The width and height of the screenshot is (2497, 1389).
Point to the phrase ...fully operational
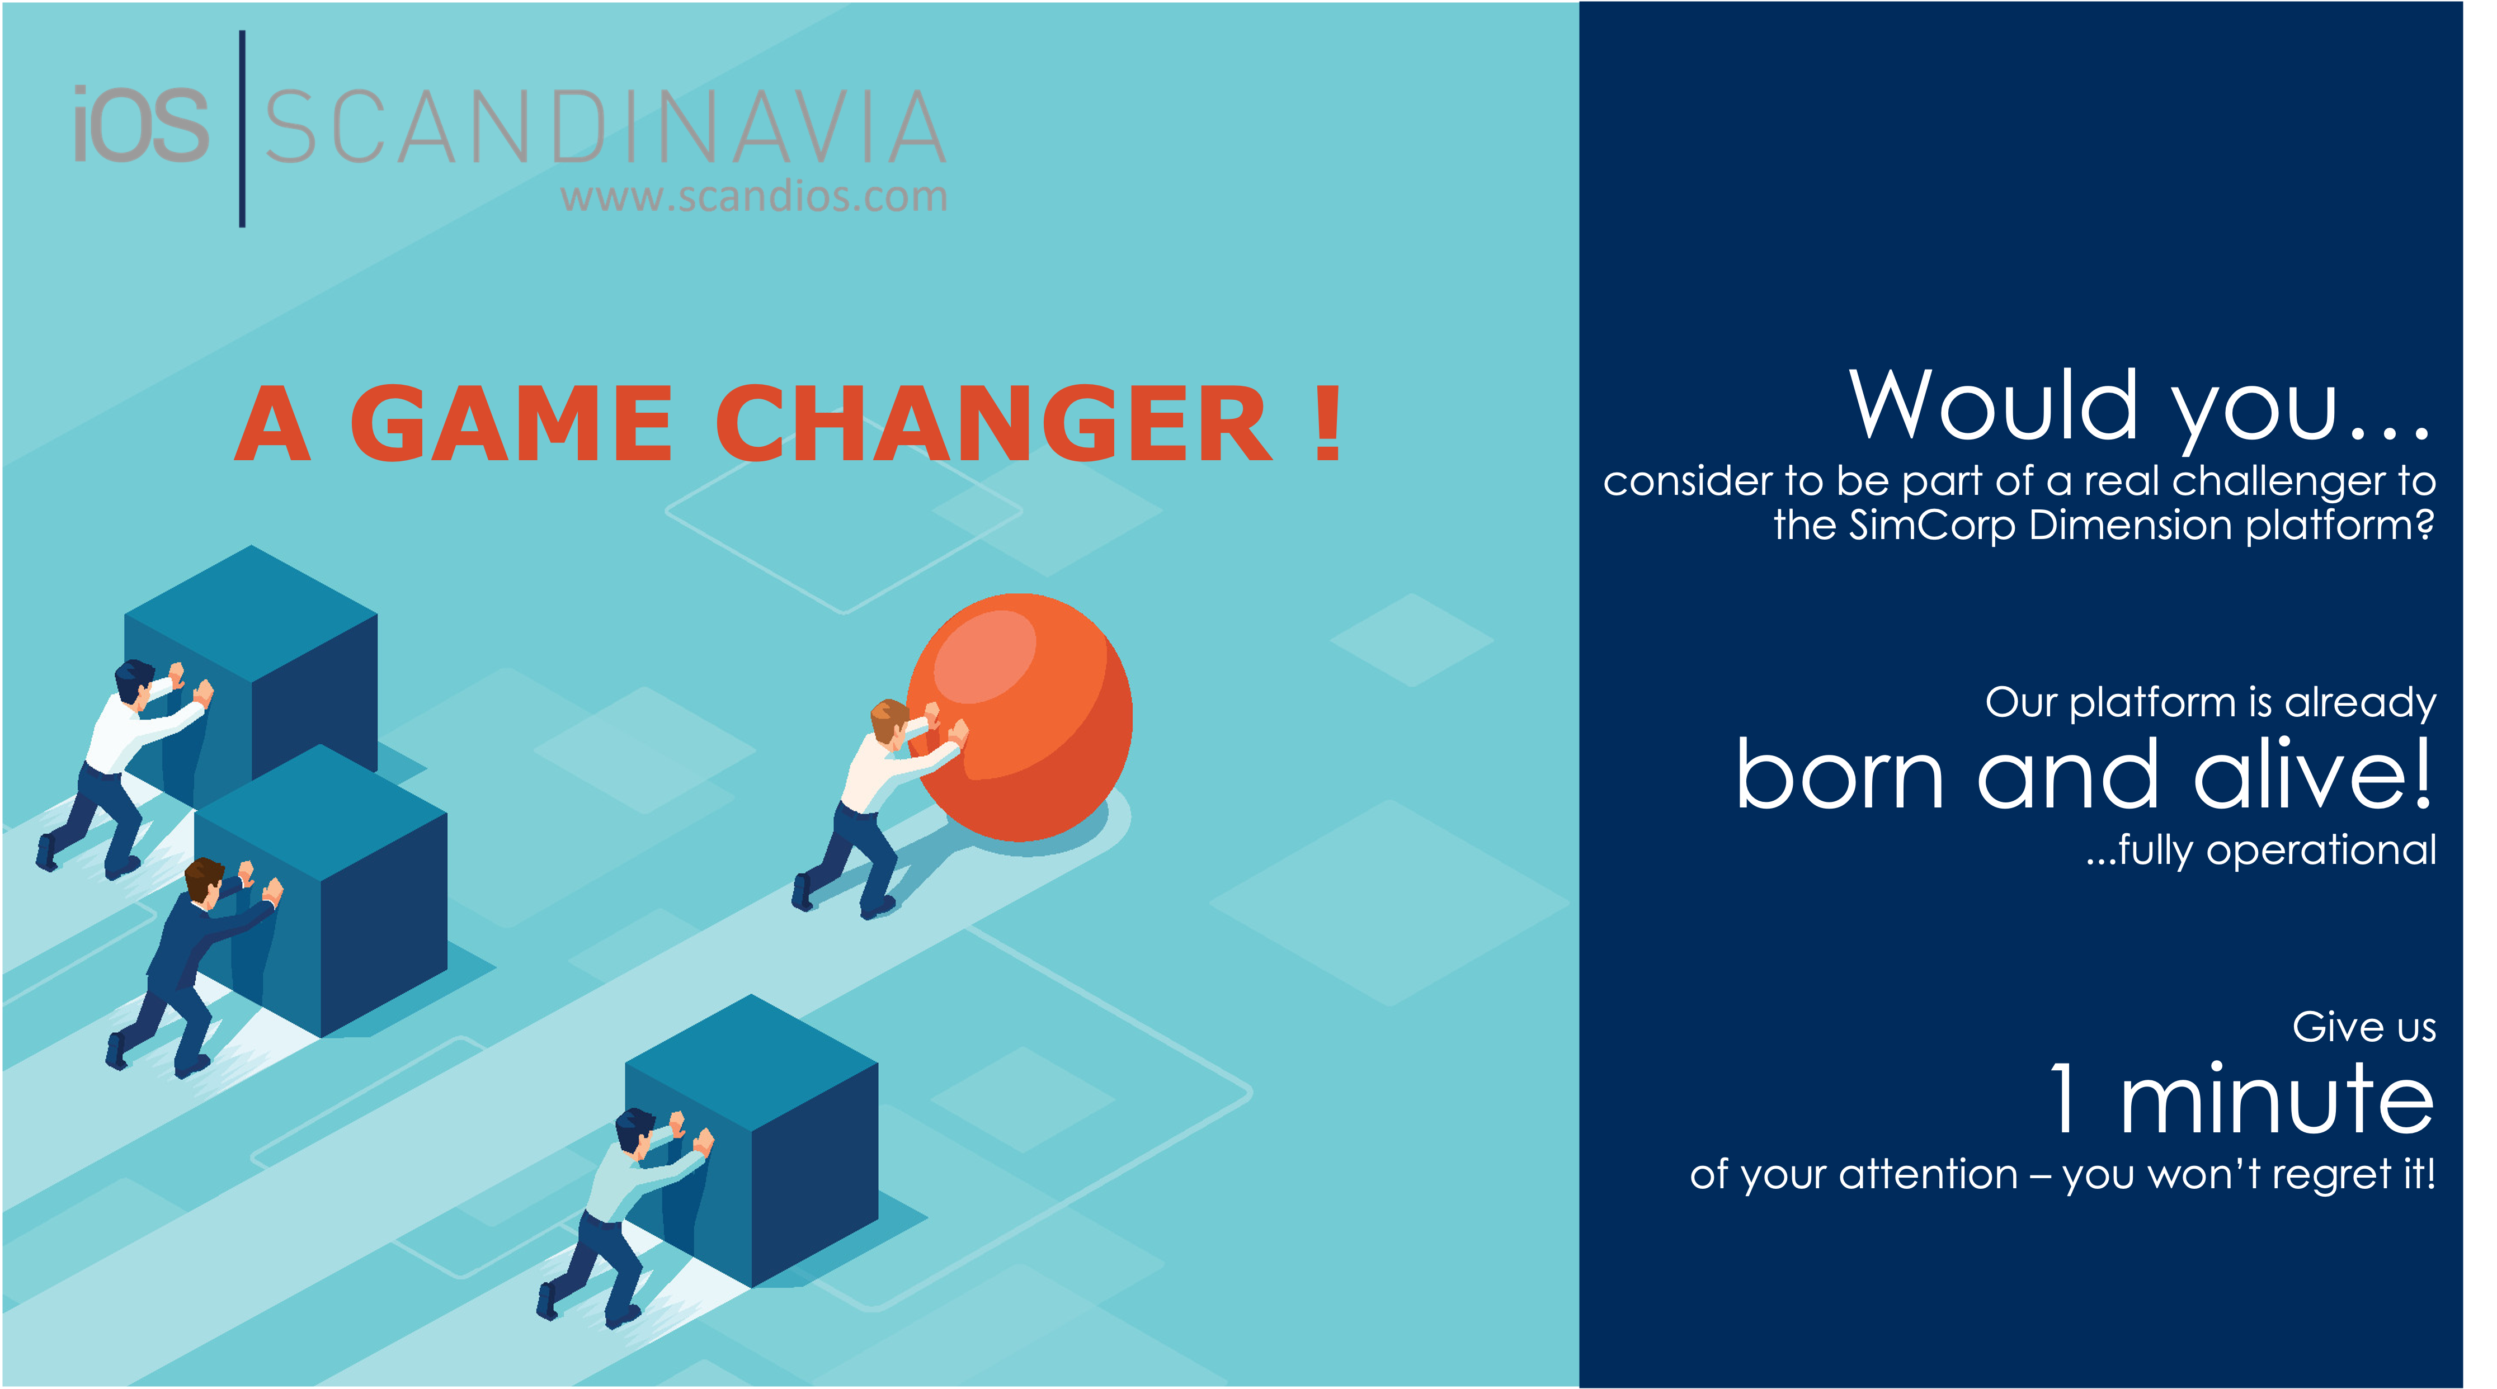click(2260, 850)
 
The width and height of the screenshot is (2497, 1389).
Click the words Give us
click(2363, 1027)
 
